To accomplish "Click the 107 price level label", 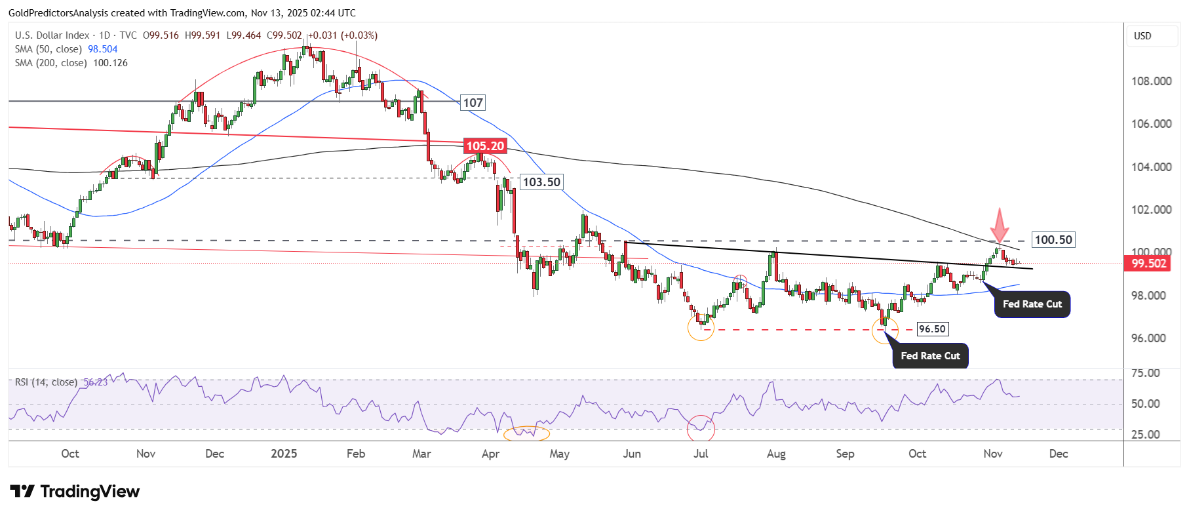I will tap(473, 102).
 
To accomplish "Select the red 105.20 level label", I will tap(485, 146).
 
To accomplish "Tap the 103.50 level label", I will tap(541, 182).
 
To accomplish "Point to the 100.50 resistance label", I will tap(1053, 240).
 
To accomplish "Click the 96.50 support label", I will tap(932, 329).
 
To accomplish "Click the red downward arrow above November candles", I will tap(999, 226).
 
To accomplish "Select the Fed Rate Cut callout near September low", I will tap(930, 356).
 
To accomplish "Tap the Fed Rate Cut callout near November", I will tap(1032, 304).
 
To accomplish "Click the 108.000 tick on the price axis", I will tap(1151, 81).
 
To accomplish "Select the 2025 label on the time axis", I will tap(284, 454).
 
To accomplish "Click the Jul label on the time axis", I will tap(701, 454).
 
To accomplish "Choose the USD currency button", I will tap(1142, 36).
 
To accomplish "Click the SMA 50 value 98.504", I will tap(103, 49).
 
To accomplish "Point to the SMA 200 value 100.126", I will tap(110, 63).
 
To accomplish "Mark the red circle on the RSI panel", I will tap(701, 428).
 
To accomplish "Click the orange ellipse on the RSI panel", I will tap(526, 433).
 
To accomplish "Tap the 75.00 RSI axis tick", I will tap(1146, 373).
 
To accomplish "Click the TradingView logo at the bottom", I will tap(75, 492).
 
